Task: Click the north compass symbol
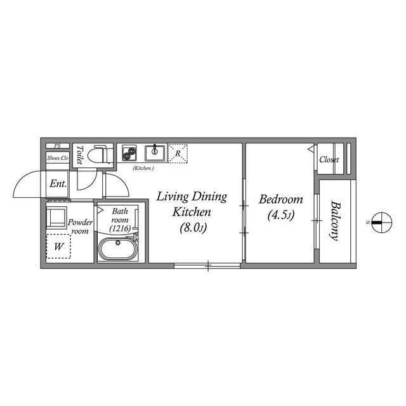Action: pyautogui.click(x=381, y=223)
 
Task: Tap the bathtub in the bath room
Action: pyautogui.click(x=118, y=249)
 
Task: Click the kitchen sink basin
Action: pyautogui.click(x=155, y=153)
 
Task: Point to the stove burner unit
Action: pyautogui.click(x=129, y=153)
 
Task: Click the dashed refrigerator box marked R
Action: pyautogui.click(x=178, y=154)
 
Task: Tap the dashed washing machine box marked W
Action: pyautogui.click(x=58, y=247)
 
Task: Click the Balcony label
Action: pyautogui.click(x=336, y=221)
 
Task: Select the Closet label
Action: pyautogui.click(x=329, y=159)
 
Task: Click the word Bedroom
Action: pyautogui.click(x=280, y=199)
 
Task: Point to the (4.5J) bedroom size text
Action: pyautogui.click(x=281, y=215)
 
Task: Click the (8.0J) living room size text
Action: pyautogui.click(x=193, y=228)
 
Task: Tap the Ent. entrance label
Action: pyautogui.click(x=58, y=183)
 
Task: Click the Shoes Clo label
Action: pyautogui.click(x=58, y=158)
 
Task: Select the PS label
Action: pyautogui.click(x=57, y=146)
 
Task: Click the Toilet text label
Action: pyautogui.click(x=80, y=155)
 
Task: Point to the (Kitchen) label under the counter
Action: pyautogui.click(x=143, y=168)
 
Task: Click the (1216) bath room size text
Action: pyautogui.click(x=120, y=228)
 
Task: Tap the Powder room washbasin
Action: pyautogui.click(x=56, y=217)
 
